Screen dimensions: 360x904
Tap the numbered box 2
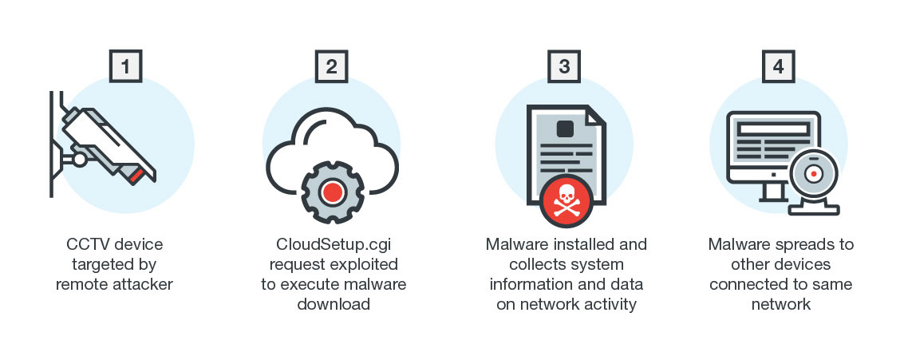(x=331, y=66)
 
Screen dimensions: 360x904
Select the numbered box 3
(x=564, y=66)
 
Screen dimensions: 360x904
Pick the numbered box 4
(x=778, y=66)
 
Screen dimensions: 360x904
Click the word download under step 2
(x=333, y=304)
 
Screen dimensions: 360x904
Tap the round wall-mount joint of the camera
(x=79, y=160)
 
